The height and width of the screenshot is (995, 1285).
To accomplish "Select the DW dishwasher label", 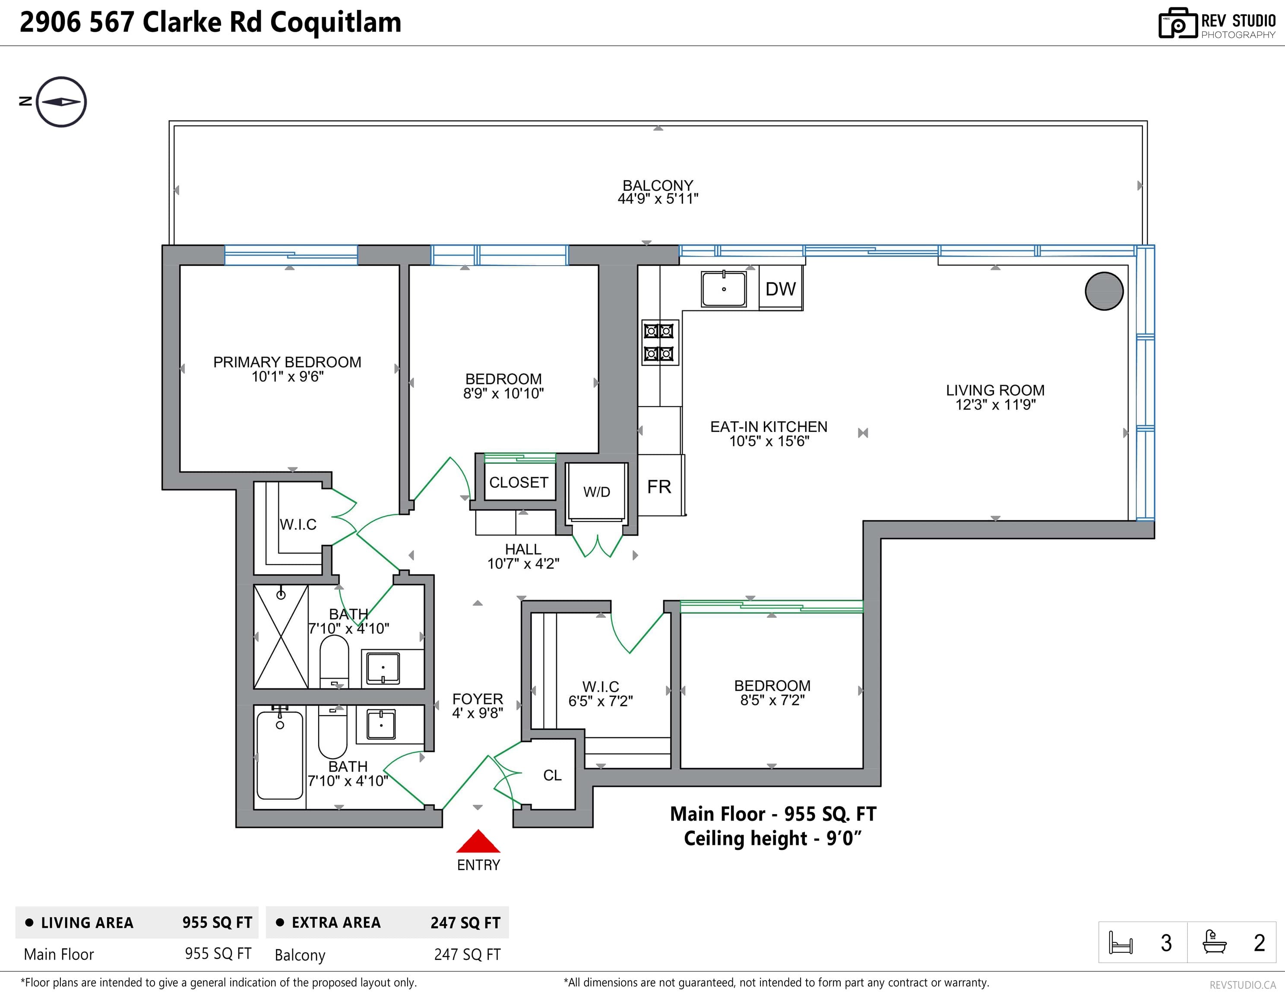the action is (x=780, y=289).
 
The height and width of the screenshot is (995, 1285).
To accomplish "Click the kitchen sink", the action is (x=724, y=289).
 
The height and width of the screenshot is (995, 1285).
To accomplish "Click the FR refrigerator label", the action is (x=659, y=487).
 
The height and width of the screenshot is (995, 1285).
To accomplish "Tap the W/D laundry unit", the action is (x=597, y=492).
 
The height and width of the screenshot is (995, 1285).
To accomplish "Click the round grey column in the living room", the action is (x=1104, y=291).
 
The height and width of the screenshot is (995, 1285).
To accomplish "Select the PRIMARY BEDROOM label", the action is (x=287, y=362).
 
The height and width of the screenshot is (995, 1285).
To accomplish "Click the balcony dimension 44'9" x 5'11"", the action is (x=658, y=199).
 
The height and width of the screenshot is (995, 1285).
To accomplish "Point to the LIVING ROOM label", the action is (x=995, y=390).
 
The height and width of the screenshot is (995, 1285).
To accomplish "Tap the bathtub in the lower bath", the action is (x=280, y=755).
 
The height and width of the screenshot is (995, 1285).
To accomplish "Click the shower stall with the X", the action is (x=281, y=637).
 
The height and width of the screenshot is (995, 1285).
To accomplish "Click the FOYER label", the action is (x=478, y=699).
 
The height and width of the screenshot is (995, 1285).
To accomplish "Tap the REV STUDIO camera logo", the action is (x=1178, y=24).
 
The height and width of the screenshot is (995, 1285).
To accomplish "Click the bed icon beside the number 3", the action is (x=1120, y=943).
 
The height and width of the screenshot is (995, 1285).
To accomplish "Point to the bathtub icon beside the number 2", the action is (x=1214, y=941).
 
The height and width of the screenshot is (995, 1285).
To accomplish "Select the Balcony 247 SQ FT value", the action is (x=467, y=954).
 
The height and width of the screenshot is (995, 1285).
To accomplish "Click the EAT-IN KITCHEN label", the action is (x=769, y=427).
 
